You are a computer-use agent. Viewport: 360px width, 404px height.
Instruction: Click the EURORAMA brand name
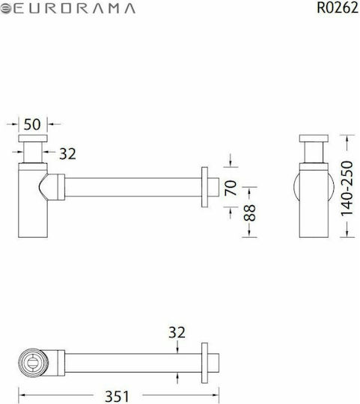pyautogui.click(x=75, y=9)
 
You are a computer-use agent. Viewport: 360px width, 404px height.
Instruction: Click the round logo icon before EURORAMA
pyautogui.click(x=6, y=9)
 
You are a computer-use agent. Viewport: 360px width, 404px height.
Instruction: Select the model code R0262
pyautogui.click(x=338, y=8)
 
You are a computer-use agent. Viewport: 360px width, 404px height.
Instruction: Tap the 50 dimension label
pyautogui.click(x=32, y=124)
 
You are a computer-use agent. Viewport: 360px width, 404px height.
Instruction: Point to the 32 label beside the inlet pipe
pyautogui.click(x=67, y=154)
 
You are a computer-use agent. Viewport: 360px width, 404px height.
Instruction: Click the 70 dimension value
pyautogui.click(x=231, y=188)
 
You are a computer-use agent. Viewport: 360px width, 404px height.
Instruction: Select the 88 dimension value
pyautogui.click(x=249, y=212)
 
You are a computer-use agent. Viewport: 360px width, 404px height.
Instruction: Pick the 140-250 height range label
pyautogui.click(x=347, y=189)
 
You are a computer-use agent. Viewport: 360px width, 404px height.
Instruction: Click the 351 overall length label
pyautogui.click(x=117, y=397)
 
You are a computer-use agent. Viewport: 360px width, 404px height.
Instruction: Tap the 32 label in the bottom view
pyautogui.click(x=177, y=332)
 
